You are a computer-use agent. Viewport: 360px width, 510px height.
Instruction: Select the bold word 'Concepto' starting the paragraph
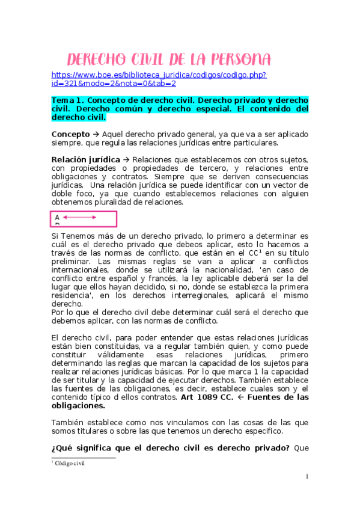pyautogui.click(x=70, y=134)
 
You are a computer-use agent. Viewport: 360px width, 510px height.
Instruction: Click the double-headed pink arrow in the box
pyautogui.click(x=79, y=217)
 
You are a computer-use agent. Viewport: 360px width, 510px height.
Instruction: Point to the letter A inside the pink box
pyautogui.click(x=57, y=217)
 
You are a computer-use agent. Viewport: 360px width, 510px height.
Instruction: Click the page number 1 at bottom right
pyautogui.click(x=307, y=477)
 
